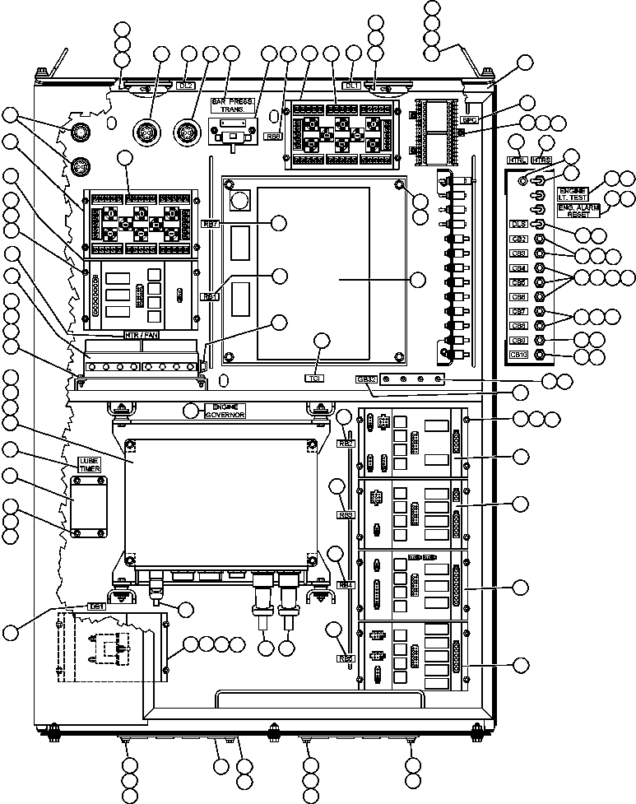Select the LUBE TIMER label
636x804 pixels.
click(91, 463)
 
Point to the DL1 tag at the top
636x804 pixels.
click(351, 85)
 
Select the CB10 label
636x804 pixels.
click(518, 355)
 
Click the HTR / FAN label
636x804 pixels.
click(141, 335)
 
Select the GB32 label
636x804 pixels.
click(365, 379)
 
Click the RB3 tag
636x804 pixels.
click(346, 515)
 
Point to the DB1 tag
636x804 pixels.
click(97, 606)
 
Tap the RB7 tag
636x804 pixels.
click(210, 224)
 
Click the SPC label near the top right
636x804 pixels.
click(470, 120)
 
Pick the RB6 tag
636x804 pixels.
click(273, 137)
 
